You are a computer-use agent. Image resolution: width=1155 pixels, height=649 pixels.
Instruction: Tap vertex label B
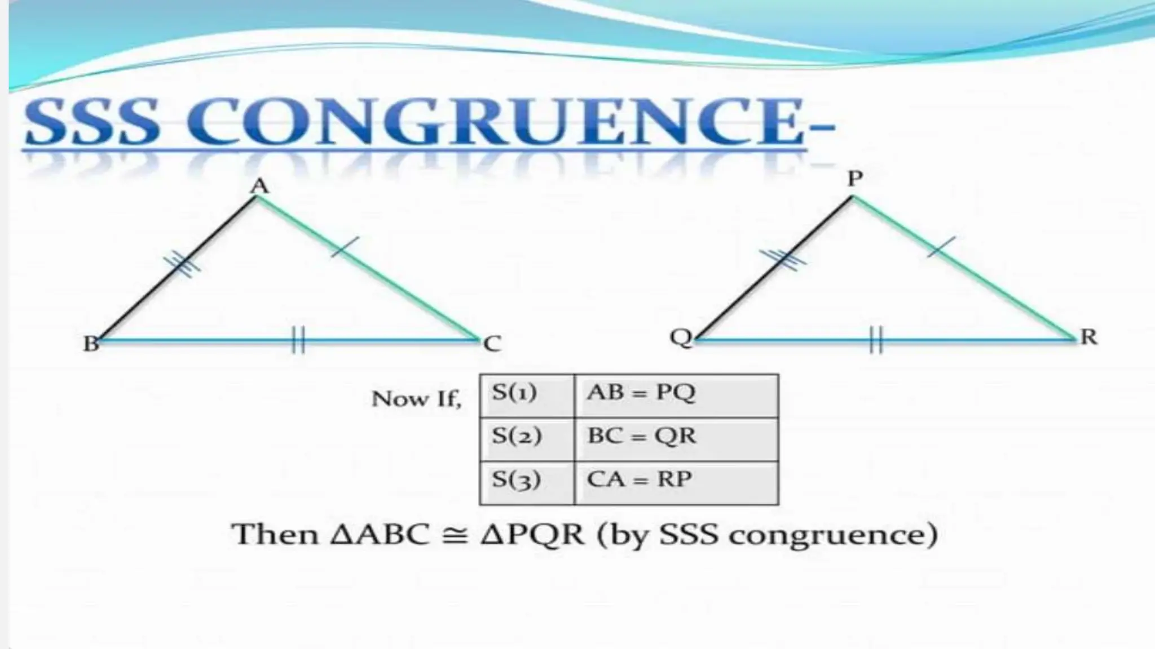tap(91, 343)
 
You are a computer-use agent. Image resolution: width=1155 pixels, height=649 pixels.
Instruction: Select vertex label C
tap(492, 343)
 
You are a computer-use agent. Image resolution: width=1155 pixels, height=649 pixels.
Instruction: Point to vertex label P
tap(855, 179)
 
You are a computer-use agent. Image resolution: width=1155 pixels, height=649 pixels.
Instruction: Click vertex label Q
tap(681, 337)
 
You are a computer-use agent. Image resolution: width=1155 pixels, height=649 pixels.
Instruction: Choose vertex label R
tap(1088, 337)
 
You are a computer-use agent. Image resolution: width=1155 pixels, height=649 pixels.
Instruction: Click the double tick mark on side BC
tap(298, 340)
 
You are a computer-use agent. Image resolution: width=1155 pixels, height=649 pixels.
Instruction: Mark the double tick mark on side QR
tap(876, 340)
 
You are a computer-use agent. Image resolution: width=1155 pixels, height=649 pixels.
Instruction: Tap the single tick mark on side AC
tap(345, 247)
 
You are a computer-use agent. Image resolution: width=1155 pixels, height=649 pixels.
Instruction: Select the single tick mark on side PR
tap(941, 247)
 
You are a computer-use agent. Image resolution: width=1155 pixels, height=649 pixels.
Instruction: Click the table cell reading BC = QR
tap(676, 439)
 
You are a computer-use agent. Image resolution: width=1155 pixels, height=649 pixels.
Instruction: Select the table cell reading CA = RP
tap(676, 482)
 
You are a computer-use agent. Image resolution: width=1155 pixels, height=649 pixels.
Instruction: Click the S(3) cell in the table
tap(526, 482)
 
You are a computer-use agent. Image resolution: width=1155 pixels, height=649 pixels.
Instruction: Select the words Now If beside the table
tap(416, 399)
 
